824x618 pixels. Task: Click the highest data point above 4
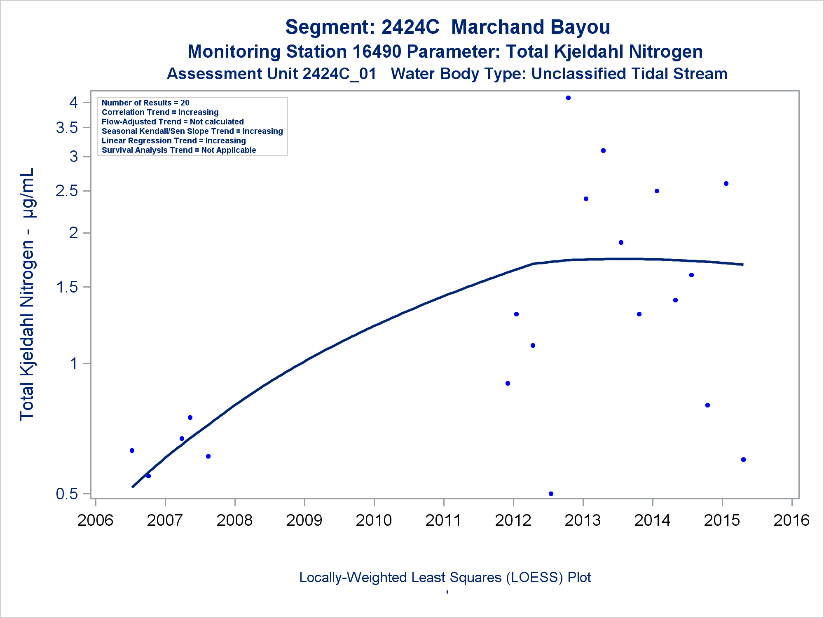coord(568,98)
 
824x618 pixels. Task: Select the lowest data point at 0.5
coord(551,494)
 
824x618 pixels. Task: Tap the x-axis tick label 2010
coord(374,520)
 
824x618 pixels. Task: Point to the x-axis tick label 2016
coord(791,520)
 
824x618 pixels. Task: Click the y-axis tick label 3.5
coord(67,128)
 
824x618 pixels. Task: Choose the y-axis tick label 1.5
coord(67,287)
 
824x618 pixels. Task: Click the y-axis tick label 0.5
coord(67,494)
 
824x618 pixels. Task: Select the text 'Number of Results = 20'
coord(145,103)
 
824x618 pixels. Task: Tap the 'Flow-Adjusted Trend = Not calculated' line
coord(173,122)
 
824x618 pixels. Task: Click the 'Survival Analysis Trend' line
coord(179,150)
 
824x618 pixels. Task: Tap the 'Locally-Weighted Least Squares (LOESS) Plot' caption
coord(445,578)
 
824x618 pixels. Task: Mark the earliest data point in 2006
coord(132,450)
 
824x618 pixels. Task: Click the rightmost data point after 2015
coord(743,459)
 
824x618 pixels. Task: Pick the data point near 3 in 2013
coord(603,151)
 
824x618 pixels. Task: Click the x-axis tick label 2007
coord(165,520)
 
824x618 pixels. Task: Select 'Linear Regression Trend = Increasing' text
coord(173,140)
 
